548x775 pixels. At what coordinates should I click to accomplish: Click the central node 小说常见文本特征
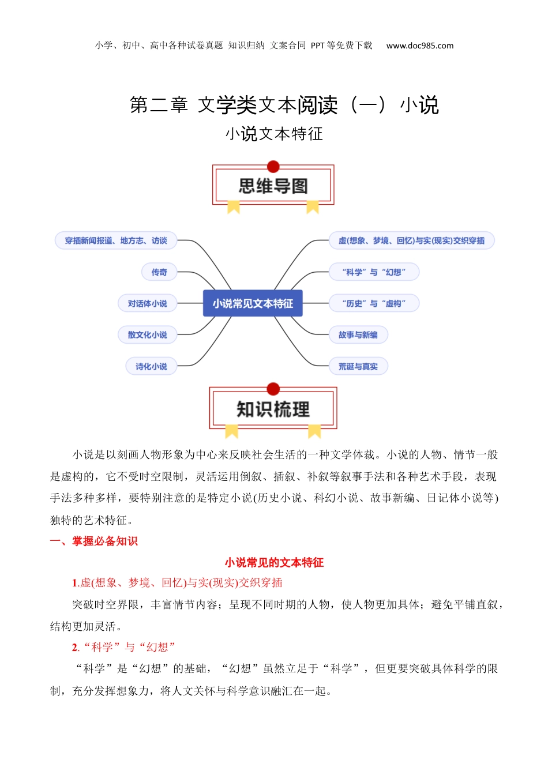tap(253, 303)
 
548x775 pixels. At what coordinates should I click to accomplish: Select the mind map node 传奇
tap(159, 272)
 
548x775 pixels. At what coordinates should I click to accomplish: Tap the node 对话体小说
tap(147, 303)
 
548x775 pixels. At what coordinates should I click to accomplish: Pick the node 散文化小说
tap(147, 335)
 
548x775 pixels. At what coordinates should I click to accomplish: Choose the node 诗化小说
tap(151, 366)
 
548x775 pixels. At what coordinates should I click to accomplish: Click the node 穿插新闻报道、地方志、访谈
tap(116, 240)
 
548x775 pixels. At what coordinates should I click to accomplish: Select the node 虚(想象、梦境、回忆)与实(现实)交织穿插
tap(411, 240)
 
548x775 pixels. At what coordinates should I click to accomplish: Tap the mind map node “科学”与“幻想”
tap(374, 272)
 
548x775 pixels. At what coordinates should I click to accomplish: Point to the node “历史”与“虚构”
tap(374, 303)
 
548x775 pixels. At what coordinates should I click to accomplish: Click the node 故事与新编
tap(358, 335)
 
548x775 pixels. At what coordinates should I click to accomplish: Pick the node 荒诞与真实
tap(358, 366)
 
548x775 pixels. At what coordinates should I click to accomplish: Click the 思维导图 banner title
tap(273, 186)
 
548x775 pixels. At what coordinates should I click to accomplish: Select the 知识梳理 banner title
tap(273, 409)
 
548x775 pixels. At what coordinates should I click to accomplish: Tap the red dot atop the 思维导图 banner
tap(273, 167)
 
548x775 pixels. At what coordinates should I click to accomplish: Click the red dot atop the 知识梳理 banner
tap(273, 389)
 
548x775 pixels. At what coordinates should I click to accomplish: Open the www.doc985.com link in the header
tap(420, 46)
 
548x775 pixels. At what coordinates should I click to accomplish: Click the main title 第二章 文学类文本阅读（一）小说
tap(284, 105)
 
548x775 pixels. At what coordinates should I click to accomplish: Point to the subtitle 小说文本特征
tap(274, 134)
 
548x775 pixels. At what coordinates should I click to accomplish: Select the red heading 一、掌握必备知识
tap(94, 541)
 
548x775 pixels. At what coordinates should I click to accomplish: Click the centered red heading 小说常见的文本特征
tap(274, 562)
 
